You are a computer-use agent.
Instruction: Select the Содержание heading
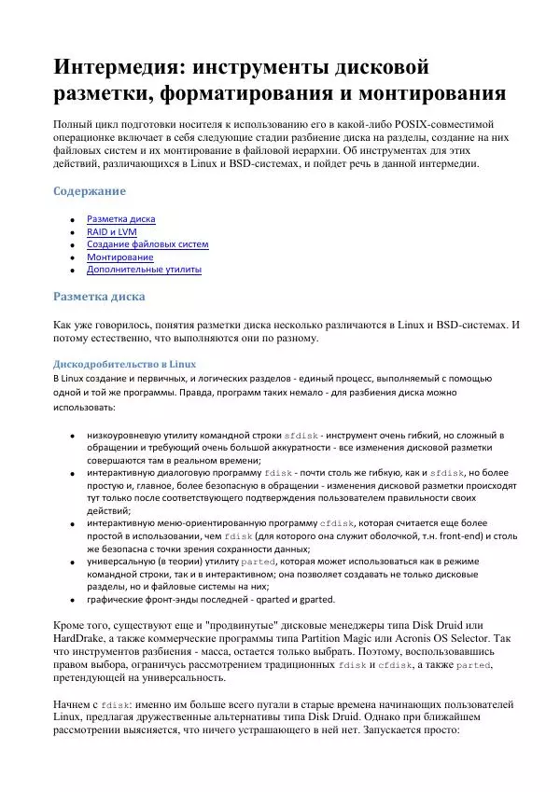tap(89, 191)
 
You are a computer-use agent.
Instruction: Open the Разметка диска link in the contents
tap(120, 219)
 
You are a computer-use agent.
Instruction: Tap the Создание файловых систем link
tap(147, 244)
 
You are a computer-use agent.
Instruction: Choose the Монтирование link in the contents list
tap(119, 257)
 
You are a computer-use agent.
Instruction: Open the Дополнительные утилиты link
tap(144, 270)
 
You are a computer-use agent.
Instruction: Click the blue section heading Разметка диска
tap(98, 298)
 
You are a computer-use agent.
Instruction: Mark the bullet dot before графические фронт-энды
tap(73, 601)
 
